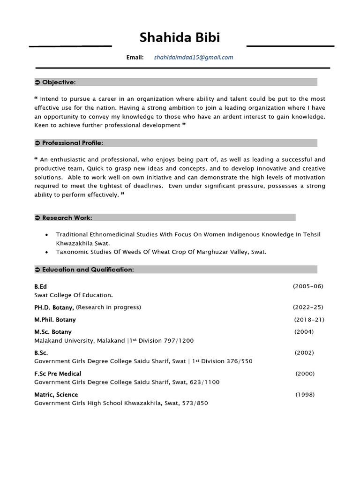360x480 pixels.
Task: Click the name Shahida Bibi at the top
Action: pyautogui.click(x=180, y=38)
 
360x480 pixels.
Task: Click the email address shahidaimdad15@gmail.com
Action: pyautogui.click(x=193, y=57)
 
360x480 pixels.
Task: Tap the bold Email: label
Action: pyautogui.click(x=135, y=57)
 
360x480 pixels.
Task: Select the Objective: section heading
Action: pyautogui.click(x=59, y=82)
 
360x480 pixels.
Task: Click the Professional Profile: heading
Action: pyautogui.click(x=72, y=142)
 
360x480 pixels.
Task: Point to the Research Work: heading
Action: pyautogui.click(x=67, y=217)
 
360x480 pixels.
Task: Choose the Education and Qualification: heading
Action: pyautogui.click(x=88, y=270)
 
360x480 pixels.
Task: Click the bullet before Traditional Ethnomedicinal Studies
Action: pyautogui.click(x=45, y=235)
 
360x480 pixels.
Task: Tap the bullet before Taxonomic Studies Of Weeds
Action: pyautogui.click(x=45, y=252)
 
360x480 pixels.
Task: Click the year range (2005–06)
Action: pyautogui.click(x=308, y=286)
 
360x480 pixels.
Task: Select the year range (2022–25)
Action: pyautogui.click(x=308, y=307)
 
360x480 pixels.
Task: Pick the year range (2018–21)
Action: pyautogui.click(x=309, y=320)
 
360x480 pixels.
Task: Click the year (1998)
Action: pyautogui.click(x=305, y=395)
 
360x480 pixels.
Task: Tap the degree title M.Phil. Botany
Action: pyautogui.click(x=55, y=320)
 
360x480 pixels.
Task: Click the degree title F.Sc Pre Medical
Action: pyautogui.click(x=58, y=374)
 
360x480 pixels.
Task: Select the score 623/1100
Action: pyautogui.click(x=204, y=382)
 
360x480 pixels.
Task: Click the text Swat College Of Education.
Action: pyautogui.click(x=74, y=295)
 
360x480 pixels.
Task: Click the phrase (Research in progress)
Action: pyautogui.click(x=108, y=307)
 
